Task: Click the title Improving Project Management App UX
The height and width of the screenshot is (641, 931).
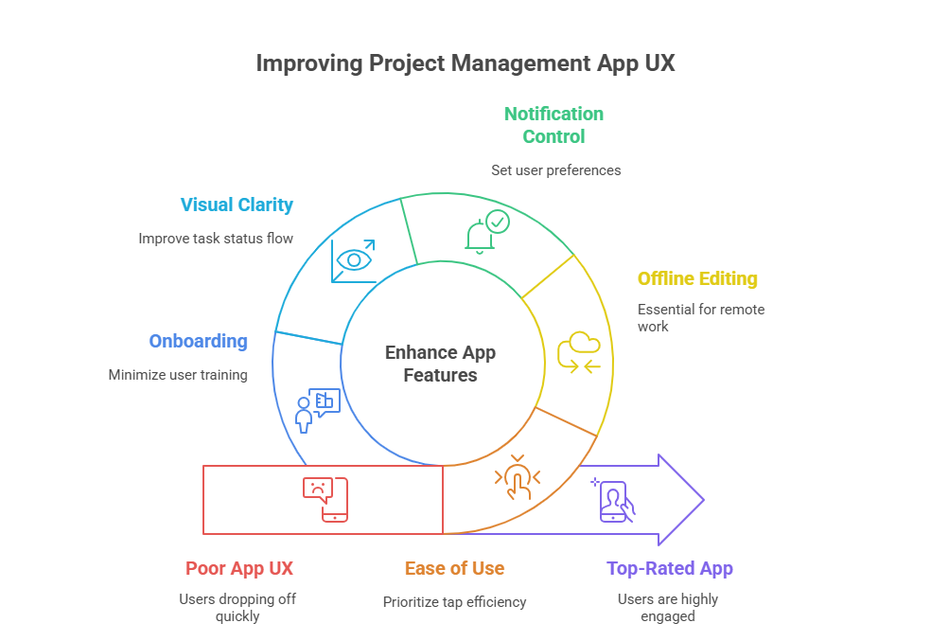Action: [x=465, y=63]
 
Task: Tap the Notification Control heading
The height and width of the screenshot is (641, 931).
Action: [x=553, y=125]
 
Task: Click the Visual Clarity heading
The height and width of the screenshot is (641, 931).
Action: [x=237, y=205]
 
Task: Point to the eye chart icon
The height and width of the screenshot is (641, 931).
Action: [x=353, y=260]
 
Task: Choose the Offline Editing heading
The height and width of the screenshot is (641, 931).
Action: [x=697, y=278]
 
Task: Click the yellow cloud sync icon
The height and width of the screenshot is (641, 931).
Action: [x=579, y=352]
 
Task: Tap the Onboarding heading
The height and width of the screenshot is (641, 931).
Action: [x=198, y=341]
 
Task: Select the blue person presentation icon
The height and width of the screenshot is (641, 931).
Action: [x=317, y=409]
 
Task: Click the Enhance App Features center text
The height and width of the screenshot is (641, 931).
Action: [x=440, y=364]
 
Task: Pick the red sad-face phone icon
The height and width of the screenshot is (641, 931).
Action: [x=325, y=499]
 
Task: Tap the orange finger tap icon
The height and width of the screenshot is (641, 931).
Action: [x=517, y=478]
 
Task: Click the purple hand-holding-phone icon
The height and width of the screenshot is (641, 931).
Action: [x=614, y=501]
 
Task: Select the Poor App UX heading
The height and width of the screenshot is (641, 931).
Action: [x=239, y=568]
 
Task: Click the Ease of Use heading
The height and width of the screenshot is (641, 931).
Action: [x=454, y=568]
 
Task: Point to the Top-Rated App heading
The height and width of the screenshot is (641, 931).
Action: [x=669, y=568]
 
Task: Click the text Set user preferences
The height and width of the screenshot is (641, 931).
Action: [x=555, y=170]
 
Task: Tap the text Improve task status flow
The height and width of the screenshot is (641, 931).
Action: [x=216, y=239]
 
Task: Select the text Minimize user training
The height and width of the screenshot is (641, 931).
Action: [x=178, y=375]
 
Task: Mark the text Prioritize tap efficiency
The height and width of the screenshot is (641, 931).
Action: [x=454, y=601]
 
